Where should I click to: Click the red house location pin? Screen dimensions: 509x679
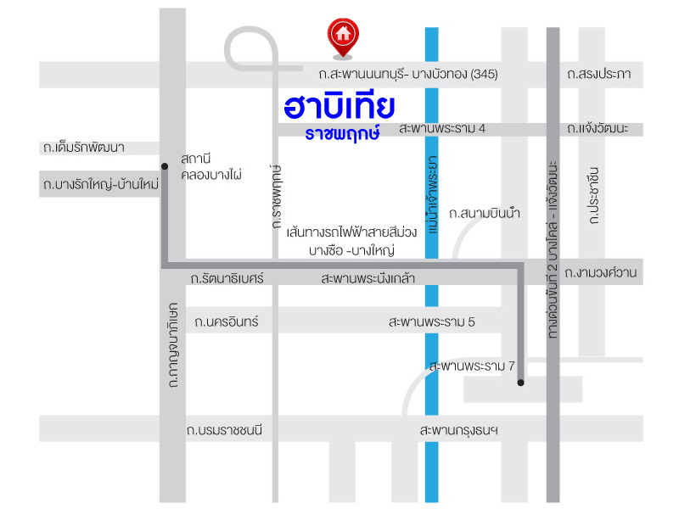point(343,36)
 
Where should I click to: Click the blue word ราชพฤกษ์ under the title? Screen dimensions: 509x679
point(344,134)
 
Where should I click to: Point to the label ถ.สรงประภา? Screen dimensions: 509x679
point(599,75)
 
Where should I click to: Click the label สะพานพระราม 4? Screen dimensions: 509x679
point(442,129)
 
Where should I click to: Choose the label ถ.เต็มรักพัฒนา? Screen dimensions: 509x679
point(83,148)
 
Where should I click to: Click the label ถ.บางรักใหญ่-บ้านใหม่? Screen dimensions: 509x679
point(100,182)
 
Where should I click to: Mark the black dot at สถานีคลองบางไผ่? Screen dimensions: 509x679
point(164,166)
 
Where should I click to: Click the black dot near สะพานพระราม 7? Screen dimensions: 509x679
point(519,383)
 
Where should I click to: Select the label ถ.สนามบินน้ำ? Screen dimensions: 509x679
point(485,213)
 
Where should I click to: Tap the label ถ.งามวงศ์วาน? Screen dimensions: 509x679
point(601,273)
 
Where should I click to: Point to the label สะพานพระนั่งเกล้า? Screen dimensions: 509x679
point(368,278)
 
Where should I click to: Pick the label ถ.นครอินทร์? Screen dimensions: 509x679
point(226,322)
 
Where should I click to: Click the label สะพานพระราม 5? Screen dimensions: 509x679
point(432,322)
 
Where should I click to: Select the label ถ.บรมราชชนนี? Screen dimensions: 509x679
point(225,430)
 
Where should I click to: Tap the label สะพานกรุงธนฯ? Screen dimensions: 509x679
point(459,430)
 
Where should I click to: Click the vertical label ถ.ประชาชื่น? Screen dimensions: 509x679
point(593,196)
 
